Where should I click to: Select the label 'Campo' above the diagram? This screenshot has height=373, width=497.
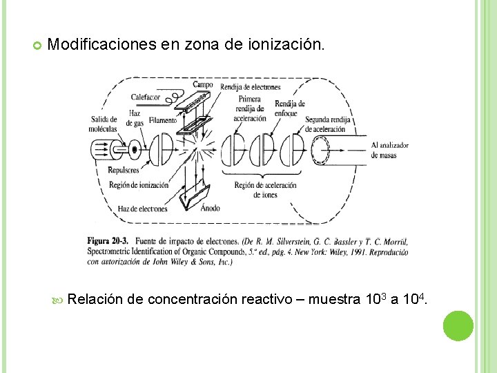(x=203, y=85)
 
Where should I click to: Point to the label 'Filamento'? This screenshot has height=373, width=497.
(x=162, y=120)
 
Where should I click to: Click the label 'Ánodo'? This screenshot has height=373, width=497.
(x=210, y=208)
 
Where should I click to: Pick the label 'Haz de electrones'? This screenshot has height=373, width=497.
(x=142, y=209)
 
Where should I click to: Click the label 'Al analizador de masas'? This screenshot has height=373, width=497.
(x=389, y=150)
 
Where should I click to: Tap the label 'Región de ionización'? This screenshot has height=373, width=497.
(x=139, y=184)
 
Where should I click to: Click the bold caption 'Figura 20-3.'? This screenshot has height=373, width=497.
(x=108, y=241)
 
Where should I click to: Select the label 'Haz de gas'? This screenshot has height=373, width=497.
(x=136, y=118)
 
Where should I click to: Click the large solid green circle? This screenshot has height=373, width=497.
(x=458, y=325)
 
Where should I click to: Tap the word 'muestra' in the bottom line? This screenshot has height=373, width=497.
(x=333, y=299)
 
